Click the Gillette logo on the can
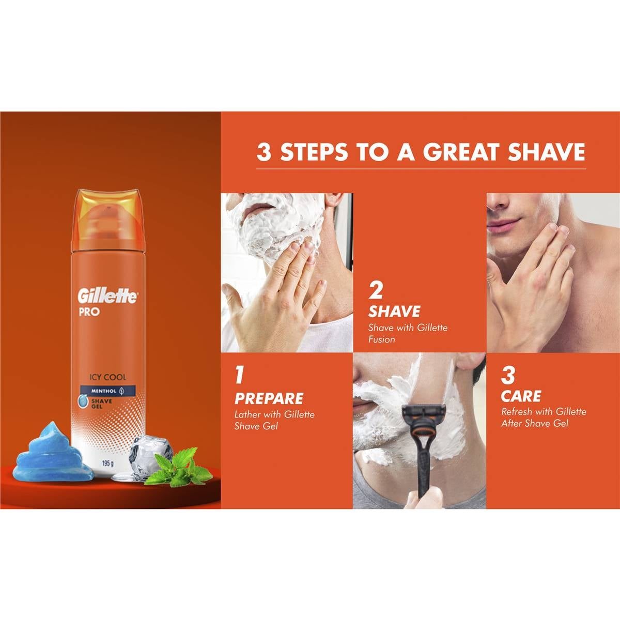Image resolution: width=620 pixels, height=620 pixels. pyautogui.click(x=107, y=296)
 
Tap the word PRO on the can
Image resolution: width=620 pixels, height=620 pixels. pyautogui.click(x=89, y=312)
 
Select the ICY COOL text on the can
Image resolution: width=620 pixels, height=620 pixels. pyautogui.click(x=107, y=377)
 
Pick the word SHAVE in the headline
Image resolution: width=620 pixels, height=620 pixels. pyautogui.click(x=547, y=152)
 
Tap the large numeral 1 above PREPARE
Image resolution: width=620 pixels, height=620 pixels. pyautogui.click(x=239, y=376)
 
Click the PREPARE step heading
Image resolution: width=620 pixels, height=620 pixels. pyautogui.click(x=269, y=398)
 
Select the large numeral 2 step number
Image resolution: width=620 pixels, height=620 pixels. pyautogui.click(x=376, y=290)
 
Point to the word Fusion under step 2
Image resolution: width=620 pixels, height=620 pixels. pyautogui.click(x=381, y=339)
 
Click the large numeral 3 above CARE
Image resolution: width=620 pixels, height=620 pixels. pyautogui.click(x=508, y=376)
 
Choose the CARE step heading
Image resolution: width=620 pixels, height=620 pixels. pyautogui.click(x=521, y=396)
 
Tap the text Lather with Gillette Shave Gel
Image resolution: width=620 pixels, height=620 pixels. pyautogui.click(x=274, y=420)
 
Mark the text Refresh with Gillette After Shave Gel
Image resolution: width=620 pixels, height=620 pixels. pyautogui.click(x=544, y=417)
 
